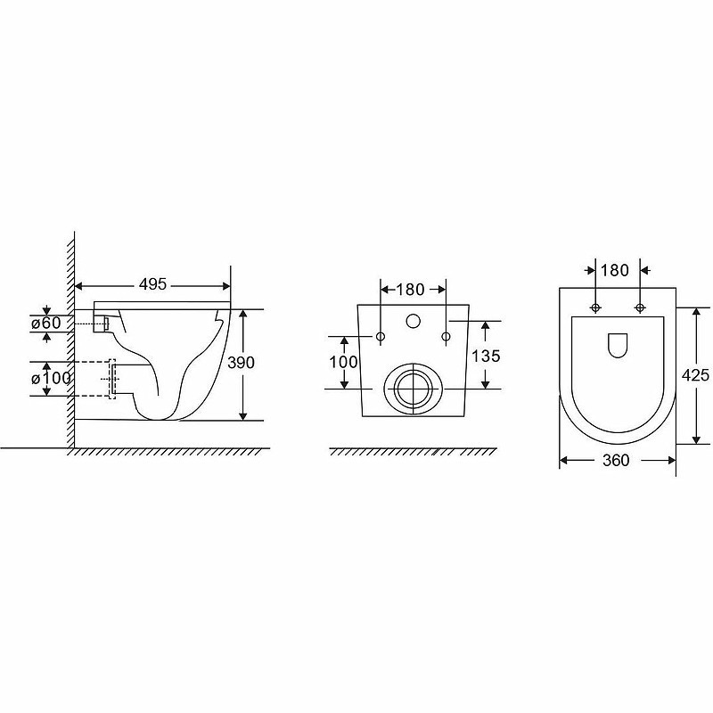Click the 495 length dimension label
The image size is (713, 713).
pos(152,284)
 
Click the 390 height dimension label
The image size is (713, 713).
pos(241,363)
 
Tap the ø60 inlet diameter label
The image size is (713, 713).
pos(46,323)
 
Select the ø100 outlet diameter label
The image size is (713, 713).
pos(51,378)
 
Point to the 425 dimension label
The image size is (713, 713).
pos(695,374)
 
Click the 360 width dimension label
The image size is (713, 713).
pos(616,460)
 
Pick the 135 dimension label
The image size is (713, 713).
pos(486,356)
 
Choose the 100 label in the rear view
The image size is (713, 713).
pos(343,362)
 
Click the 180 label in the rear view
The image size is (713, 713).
pos(410,289)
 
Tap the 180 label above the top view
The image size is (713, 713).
pos(615,270)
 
